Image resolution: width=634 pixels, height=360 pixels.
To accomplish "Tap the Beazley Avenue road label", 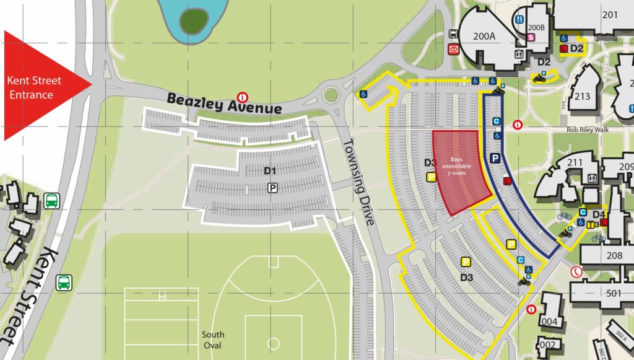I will [224, 103].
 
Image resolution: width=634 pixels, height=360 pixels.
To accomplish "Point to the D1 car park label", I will [271, 170].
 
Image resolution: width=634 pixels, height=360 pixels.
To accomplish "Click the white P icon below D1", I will [271, 187].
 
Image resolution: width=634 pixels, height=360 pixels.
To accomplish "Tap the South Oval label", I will [213, 340].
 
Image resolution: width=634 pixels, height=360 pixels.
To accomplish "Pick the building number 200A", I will [484, 36].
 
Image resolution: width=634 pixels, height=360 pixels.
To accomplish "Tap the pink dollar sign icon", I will [531, 37].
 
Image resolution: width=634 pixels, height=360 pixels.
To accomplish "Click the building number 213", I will [582, 96].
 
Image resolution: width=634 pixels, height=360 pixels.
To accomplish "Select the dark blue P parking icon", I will [495, 159].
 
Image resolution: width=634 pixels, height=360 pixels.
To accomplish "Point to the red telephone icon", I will [578, 271].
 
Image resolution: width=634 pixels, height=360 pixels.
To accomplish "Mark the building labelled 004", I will [550, 322].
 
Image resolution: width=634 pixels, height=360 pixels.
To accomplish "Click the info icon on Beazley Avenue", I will [243, 96].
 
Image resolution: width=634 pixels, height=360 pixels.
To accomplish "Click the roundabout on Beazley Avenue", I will [331, 95].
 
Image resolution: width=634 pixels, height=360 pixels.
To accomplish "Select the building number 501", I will [614, 293].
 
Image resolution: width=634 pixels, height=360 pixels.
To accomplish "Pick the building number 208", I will [614, 255].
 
